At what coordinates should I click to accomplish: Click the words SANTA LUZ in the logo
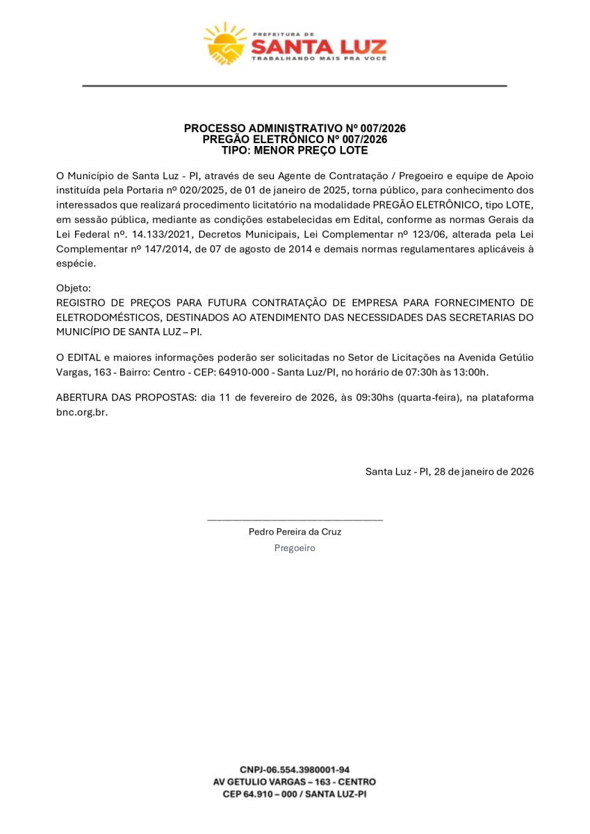click(318, 47)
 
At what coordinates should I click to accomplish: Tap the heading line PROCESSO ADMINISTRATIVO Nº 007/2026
click(295, 129)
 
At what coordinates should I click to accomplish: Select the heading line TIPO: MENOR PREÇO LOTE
click(295, 150)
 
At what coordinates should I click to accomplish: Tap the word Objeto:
click(73, 288)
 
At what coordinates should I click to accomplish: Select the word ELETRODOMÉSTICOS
click(106, 317)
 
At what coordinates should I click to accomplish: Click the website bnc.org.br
click(81, 412)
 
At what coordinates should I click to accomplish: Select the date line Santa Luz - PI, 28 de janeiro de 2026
click(450, 471)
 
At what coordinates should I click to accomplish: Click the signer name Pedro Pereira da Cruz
click(295, 532)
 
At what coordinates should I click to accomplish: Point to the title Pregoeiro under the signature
click(295, 548)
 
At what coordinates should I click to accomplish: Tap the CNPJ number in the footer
click(295, 769)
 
